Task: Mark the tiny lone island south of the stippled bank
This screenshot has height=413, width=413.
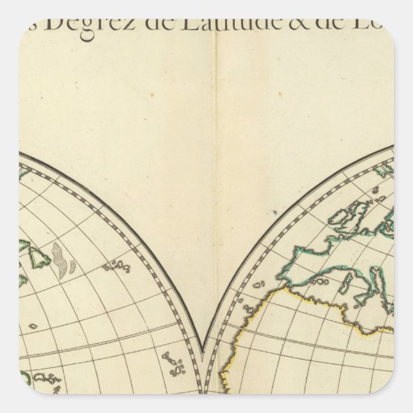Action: [33, 326]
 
